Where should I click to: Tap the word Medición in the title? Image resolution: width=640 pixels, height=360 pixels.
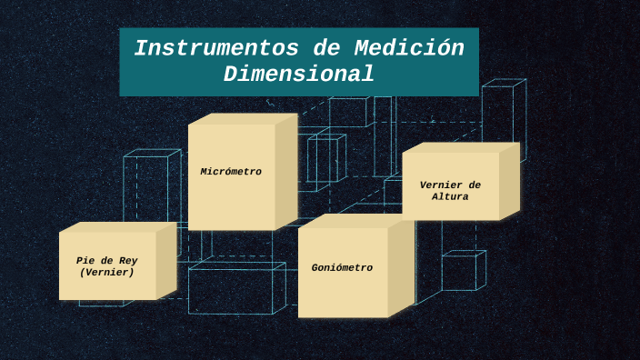click(409, 49)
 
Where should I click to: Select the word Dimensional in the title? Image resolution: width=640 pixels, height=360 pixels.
click(298, 75)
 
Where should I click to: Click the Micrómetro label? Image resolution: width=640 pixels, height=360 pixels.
click(231, 172)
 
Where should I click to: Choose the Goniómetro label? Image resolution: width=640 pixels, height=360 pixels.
click(342, 268)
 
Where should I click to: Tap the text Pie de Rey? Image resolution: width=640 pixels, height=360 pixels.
click(107, 261)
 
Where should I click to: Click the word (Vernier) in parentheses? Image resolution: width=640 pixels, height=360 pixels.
click(107, 273)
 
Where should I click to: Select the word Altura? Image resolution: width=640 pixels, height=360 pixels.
click(450, 197)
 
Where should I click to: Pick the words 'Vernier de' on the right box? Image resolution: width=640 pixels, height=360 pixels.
click(450, 185)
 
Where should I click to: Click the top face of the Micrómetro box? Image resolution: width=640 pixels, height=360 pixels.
click(243, 118)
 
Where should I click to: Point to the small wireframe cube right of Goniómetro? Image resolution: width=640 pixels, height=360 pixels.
click(462, 272)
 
